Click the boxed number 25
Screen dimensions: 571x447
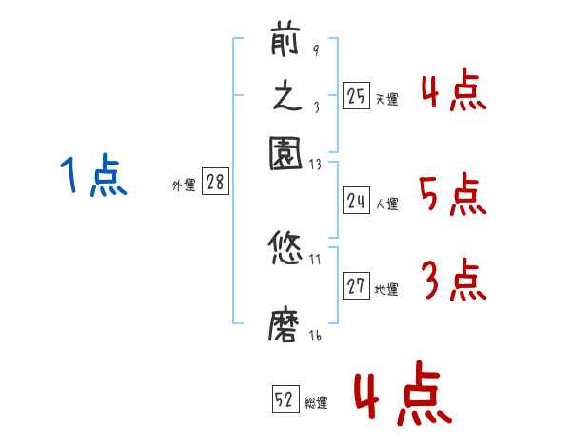coord(356,96)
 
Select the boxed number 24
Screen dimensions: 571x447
coord(356,201)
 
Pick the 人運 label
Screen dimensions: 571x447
coord(386,204)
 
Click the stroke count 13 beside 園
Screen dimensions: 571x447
coord(317,164)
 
